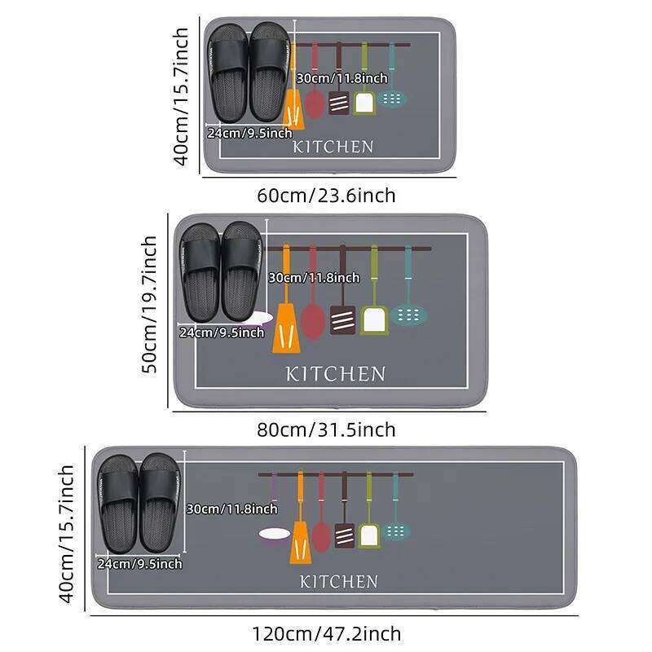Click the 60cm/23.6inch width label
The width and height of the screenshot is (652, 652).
326,196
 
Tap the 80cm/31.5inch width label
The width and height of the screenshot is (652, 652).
326,430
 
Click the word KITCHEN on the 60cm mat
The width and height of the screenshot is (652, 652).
333,147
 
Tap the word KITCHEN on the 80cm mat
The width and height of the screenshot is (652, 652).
335,374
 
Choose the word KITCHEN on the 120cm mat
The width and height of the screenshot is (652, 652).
338,582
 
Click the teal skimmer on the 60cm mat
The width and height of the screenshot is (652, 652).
393,98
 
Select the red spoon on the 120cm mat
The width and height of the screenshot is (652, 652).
321,534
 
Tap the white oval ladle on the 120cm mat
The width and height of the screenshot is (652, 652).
273,535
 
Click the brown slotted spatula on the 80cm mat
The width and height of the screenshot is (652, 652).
342,318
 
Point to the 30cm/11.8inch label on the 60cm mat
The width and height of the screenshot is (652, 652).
341,78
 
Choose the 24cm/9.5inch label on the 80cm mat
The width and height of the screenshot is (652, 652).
222,332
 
